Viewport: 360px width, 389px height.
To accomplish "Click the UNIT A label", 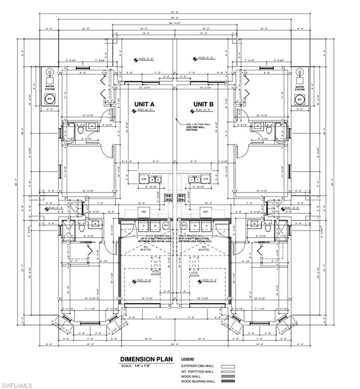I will coord(144,104).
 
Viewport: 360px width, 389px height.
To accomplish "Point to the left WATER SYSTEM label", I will coord(50,88).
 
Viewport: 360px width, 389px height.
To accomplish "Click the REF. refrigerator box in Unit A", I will coord(143,211).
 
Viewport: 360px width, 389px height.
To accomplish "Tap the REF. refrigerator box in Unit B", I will coord(206,211).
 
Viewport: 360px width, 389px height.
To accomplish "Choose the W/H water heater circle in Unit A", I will coord(166,225).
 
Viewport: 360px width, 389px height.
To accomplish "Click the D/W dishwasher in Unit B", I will coord(206,179).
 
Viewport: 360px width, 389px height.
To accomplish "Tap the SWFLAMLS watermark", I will coord(17,384).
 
